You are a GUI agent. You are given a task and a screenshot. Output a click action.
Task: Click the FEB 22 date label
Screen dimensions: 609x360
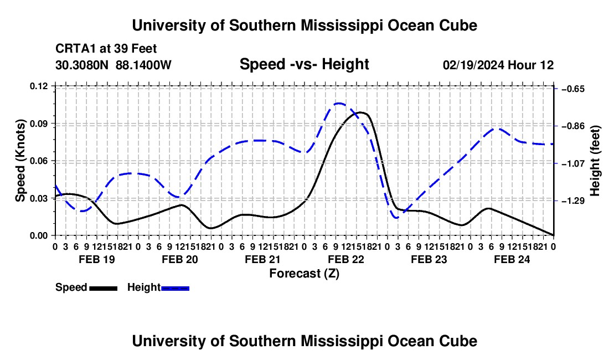(346, 259)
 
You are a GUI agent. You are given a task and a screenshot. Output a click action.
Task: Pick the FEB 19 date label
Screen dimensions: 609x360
(97, 259)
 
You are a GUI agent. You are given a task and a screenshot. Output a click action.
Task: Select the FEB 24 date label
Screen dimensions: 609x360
(512, 259)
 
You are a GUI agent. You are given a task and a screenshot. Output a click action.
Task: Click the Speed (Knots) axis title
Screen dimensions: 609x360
(20, 161)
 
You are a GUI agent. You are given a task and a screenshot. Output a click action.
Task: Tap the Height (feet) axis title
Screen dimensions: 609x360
(595, 161)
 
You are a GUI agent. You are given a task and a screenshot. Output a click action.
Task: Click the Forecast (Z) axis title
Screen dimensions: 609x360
(304, 273)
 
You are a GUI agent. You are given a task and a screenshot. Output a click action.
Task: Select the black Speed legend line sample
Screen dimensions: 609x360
(104, 288)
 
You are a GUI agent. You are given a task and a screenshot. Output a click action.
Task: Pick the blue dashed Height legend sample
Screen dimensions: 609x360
(175, 288)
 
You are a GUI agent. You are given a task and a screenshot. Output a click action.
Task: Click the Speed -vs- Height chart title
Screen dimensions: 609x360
(304, 64)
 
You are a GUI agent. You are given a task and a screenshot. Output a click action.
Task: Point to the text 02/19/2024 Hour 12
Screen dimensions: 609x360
(498, 65)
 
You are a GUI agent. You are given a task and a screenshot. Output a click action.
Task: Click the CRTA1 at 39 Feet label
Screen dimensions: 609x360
(106, 49)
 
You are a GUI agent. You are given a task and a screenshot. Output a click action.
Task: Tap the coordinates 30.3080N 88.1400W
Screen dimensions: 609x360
(113, 65)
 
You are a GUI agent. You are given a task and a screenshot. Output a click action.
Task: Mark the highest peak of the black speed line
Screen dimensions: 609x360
(361, 112)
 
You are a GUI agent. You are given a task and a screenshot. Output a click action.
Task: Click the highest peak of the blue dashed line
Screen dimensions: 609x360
(339, 104)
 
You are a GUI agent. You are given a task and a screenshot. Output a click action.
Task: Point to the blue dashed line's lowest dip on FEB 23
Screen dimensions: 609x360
(397, 218)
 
